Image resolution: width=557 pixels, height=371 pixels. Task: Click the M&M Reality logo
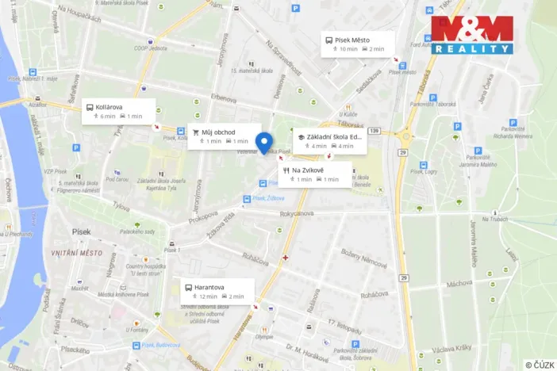[x=472, y=36]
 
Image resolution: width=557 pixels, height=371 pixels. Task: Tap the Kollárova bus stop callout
[x=117, y=111]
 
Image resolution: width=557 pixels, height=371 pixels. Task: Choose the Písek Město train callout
[x=356, y=44]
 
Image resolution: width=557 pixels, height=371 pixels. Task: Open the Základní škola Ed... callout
[x=329, y=140]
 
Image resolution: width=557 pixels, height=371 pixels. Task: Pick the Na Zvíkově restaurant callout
[x=315, y=174]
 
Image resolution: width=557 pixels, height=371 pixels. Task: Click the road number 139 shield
[x=375, y=131]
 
